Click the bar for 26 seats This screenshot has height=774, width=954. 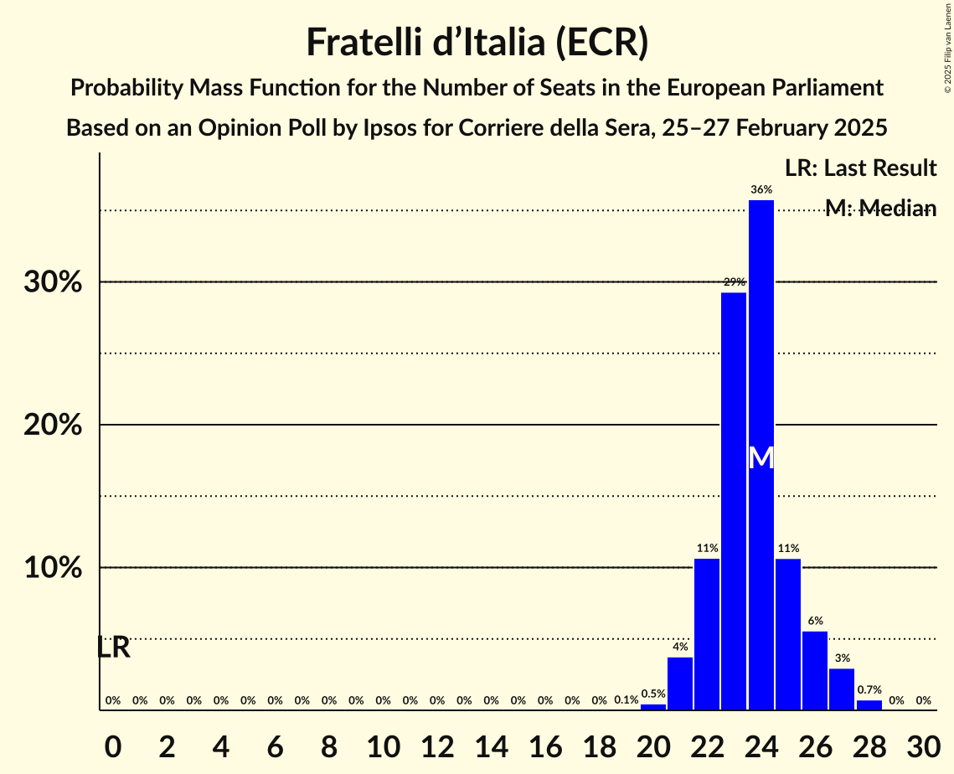coord(815,670)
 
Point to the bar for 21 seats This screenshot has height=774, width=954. coord(680,684)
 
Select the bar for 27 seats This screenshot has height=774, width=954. coord(842,689)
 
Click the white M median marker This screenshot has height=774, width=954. coord(761,458)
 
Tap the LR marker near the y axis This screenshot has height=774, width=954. coord(113,648)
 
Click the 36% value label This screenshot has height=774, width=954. coord(761,190)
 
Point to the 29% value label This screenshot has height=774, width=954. coord(734,282)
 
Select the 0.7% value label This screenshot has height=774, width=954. coord(869,690)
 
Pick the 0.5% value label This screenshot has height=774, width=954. coord(653,694)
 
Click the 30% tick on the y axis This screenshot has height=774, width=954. coord(53,282)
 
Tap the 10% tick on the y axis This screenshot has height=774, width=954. coord(53,568)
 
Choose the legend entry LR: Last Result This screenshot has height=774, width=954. coord(860,168)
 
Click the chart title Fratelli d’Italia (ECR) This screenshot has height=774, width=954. coord(477,42)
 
